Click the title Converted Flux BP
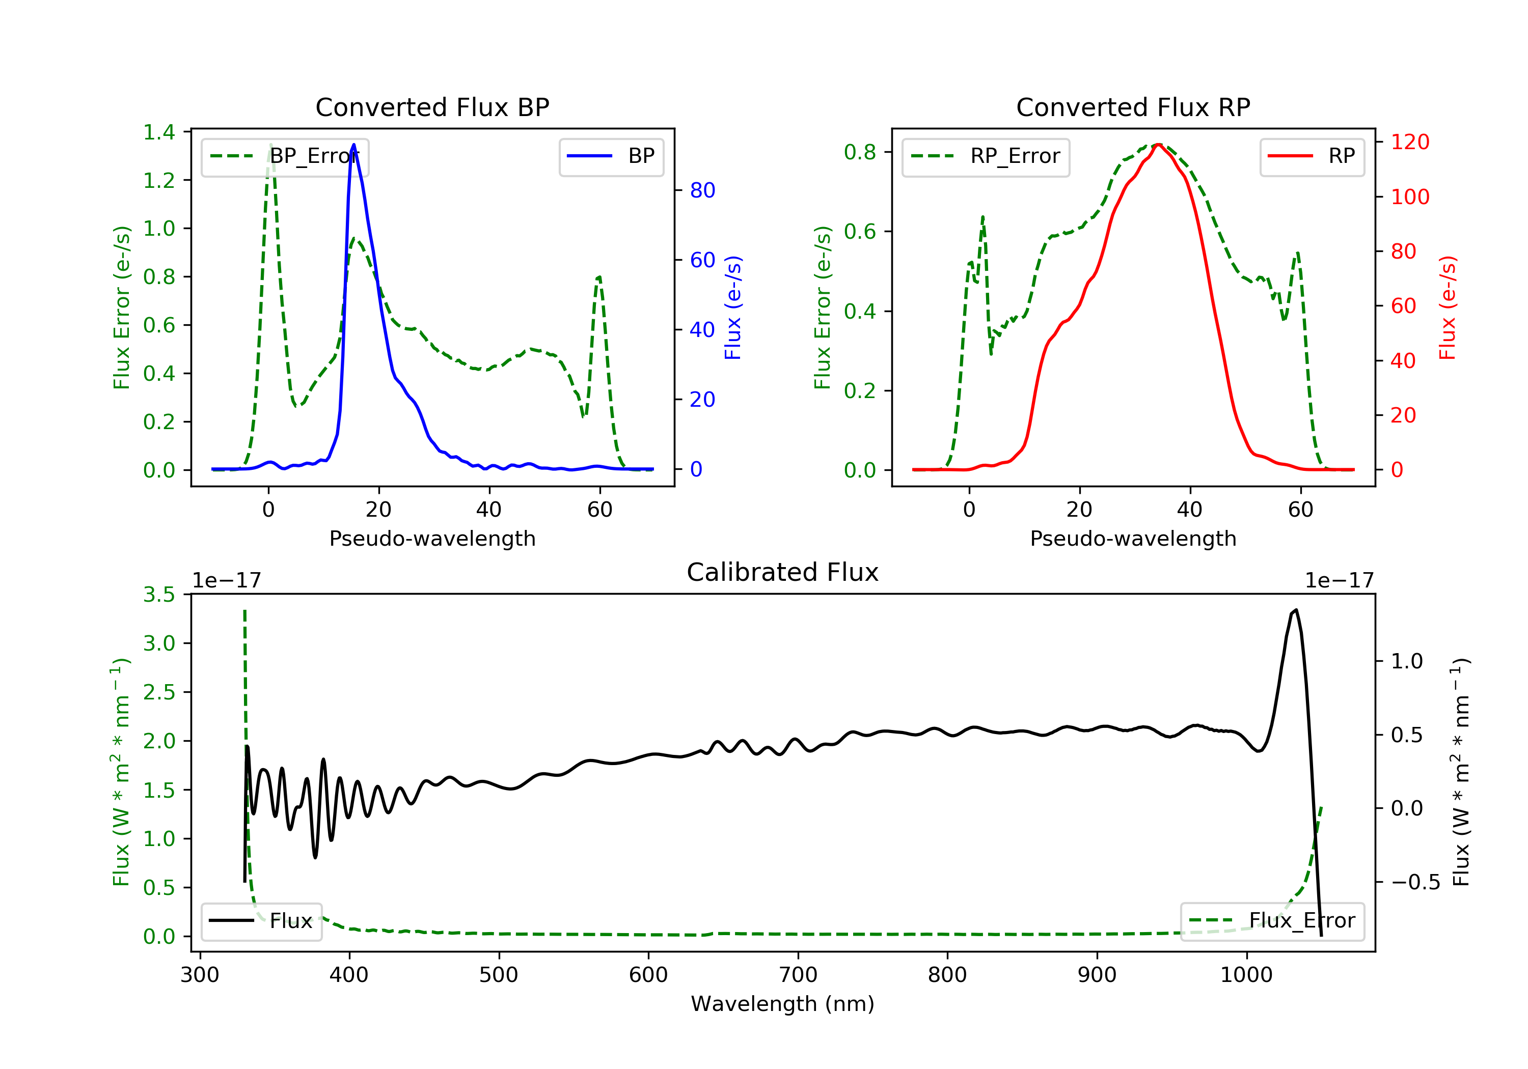[x=432, y=107]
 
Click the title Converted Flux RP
[x=1133, y=107]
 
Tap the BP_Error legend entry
[x=285, y=156]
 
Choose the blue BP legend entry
[x=611, y=156]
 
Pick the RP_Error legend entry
[x=986, y=156]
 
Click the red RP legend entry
[x=1312, y=156]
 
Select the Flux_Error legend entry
[x=1272, y=921]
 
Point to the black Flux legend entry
[x=262, y=921]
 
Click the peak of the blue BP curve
[x=353, y=145]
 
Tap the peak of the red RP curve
[x=1159, y=145]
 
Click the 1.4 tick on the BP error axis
[x=159, y=132]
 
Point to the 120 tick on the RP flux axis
[x=1409, y=142]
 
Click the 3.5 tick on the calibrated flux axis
[x=159, y=594]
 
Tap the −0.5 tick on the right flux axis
[x=1415, y=882]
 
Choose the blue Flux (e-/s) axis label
[x=733, y=307]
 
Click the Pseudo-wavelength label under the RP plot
[x=1133, y=538]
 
